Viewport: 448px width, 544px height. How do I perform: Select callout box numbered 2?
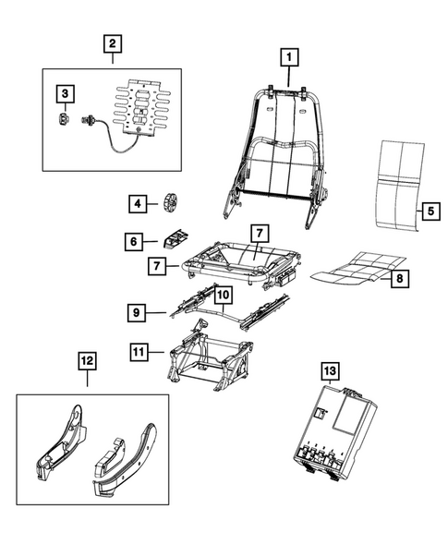pos(111,42)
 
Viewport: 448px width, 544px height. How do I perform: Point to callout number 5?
pos(430,211)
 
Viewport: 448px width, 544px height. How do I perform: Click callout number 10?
pos(223,296)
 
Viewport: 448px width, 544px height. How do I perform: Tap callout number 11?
pos(139,352)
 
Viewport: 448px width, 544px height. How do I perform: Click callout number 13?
pos(331,371)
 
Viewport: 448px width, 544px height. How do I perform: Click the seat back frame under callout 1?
pos(277,148)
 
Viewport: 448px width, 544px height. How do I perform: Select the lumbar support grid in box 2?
pos(140,116)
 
